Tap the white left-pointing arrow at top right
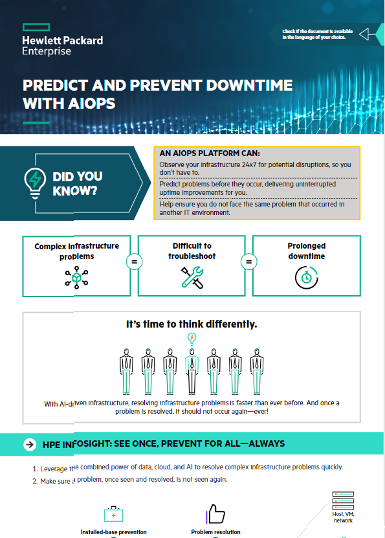pyautogui.click(x=365, y=34)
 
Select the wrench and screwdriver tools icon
pyautogui.click(x=192, y=276)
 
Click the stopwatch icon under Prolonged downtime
pyautogui.click(x=305, y=276)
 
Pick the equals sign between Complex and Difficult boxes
pyautogui.click(x=134, y=263)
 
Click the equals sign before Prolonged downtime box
pyautogui.click(x=247, y=263)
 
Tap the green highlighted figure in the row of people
pyautogui.click(x=191, y=371)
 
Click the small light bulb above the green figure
pyautogui.click(x=191, y=338)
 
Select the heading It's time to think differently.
pyautogui.click(x=191, y=324)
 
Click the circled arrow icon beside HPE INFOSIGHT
pyautogui.click(x=29, y=445)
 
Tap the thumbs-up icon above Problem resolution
pyautogui.click(x=215, y=514)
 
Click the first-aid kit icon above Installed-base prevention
pyautogui.click(x=114, y=514)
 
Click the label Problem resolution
pyautogui.click(x=215, y=532)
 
